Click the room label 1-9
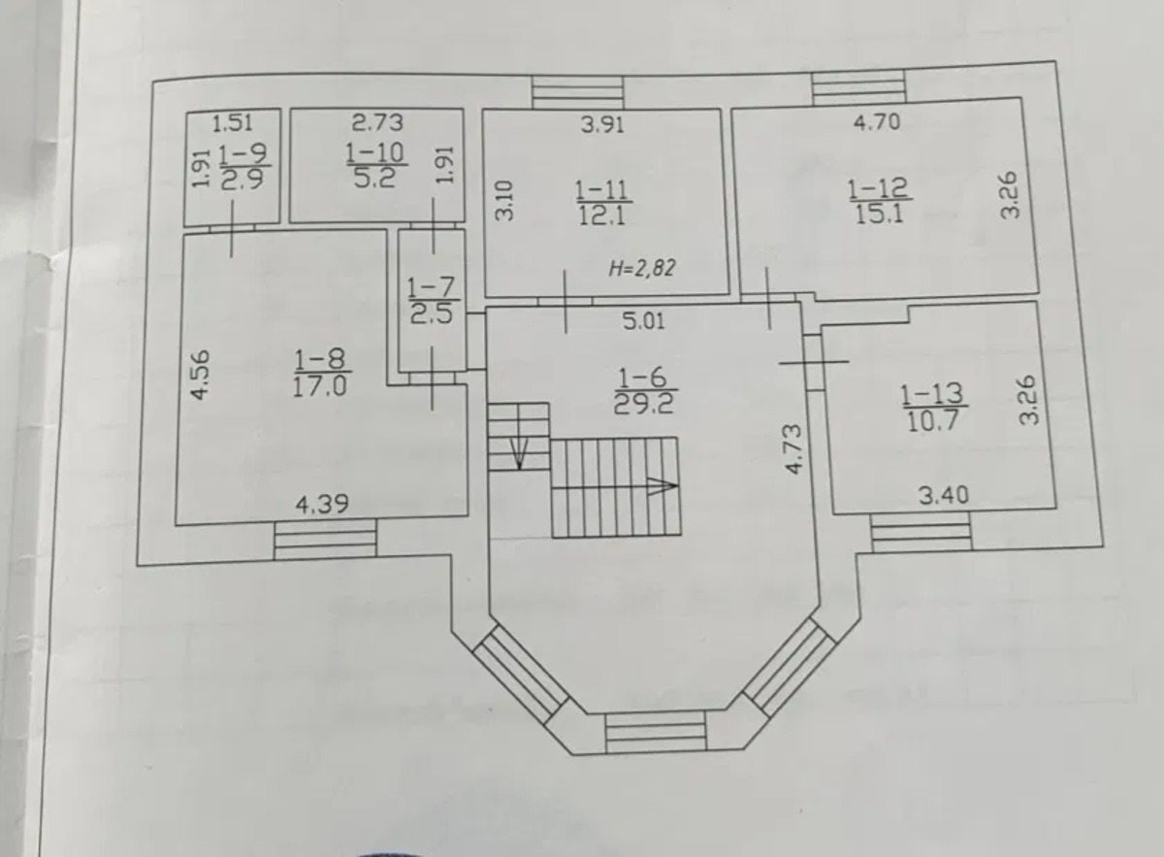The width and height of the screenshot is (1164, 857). [242, 153]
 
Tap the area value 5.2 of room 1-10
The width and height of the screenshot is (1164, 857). [374, 179]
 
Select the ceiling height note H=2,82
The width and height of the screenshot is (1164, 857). [642, 268]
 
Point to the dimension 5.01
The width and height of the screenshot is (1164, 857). [643, 321]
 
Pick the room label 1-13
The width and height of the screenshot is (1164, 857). [931, 394]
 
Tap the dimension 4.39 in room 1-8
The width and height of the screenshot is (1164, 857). [322, 504]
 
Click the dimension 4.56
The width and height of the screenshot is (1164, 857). [201, 375]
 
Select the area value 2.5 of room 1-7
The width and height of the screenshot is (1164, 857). [432, 314]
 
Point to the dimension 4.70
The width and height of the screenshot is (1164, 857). [877, 121]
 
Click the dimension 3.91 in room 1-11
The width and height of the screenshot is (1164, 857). [602, 125]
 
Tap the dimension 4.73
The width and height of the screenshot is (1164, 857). [793, 448]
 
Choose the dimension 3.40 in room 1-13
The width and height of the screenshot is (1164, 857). [944, 495]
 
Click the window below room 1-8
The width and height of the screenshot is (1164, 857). [325, 540]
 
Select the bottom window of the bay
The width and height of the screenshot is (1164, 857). [657, 732]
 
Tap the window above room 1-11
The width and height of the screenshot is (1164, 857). [578, 92]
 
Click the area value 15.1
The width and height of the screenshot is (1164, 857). [879, 214]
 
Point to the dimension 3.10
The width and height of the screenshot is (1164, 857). [504, 201]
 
